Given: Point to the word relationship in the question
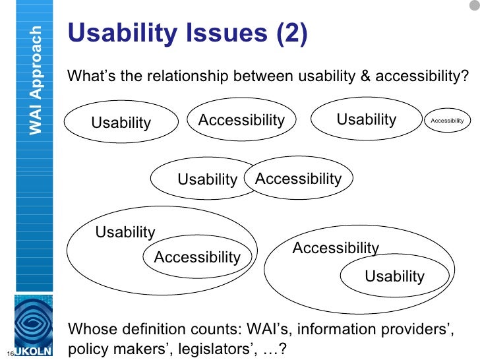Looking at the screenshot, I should click(x=185, y=76).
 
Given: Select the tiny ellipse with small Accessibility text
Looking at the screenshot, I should click(x=447, y=121).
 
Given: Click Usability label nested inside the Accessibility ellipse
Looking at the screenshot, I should click(x=394, y=276).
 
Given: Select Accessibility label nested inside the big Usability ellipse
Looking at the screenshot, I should click(x=196, y=257).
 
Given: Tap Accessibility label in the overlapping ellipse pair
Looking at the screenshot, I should click(x=298, y=179).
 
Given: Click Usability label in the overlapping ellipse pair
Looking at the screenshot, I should click(x=207, y=179).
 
